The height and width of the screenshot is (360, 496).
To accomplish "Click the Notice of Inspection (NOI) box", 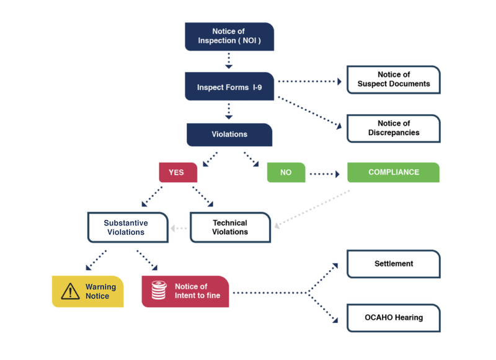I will (229, 37).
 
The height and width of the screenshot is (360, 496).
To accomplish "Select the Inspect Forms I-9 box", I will (229, 87).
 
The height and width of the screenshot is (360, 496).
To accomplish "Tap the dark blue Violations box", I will (229, 134).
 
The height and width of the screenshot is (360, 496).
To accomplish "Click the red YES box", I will (177, 172).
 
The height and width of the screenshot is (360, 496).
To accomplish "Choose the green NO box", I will (286, 172).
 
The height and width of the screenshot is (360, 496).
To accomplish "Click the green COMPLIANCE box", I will (393, 172).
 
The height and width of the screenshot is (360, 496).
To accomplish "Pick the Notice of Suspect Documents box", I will (393, 79).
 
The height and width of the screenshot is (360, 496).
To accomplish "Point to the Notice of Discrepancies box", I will (393, 128).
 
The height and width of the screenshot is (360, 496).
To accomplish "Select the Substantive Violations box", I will (127, 227).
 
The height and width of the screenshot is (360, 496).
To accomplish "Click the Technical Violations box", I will (230, 227).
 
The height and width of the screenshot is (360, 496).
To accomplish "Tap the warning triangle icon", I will (71, 291).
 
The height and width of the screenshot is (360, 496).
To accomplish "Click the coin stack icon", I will (159, 291).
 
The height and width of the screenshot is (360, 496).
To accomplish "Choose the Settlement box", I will (393, 264).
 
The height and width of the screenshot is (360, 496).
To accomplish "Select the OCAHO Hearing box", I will (393, 318).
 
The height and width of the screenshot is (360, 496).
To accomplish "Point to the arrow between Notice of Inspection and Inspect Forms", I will (229, 61).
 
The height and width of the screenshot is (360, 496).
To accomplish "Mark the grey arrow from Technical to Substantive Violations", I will (179, 228).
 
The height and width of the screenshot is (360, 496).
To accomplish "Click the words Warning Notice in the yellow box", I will (100, 292).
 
